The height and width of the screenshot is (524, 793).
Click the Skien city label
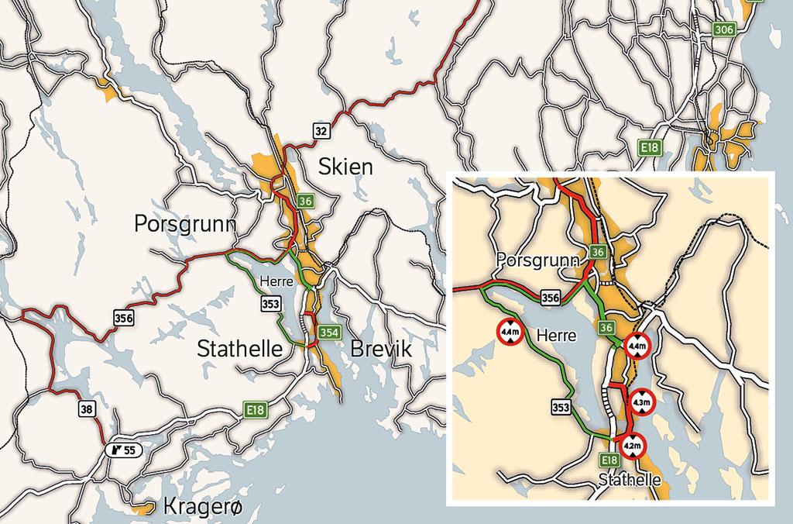345,166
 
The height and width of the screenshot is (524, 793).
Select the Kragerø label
204,505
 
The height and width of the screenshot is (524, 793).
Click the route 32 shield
321,129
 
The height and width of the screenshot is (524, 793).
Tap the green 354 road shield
327,333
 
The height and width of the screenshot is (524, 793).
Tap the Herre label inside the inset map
556,336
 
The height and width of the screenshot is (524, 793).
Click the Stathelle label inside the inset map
630,481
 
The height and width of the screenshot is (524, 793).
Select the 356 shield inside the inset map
549,297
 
